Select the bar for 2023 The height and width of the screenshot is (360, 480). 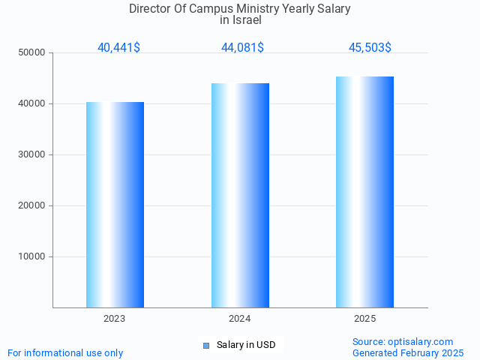coord(115,205)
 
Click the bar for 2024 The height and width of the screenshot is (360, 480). coord(240,195)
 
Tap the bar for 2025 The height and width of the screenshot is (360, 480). coord(365,192)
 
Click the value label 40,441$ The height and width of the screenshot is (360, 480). coord(118,47)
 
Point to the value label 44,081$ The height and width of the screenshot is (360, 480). coord(242,47)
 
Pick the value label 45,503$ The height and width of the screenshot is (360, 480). coord(370,47)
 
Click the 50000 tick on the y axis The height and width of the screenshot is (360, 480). coord(32,52)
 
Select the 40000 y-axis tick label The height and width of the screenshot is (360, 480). coord(32,103)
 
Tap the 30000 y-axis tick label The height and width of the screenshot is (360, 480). coord(32,154)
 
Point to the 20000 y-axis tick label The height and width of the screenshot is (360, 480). coord(32,205)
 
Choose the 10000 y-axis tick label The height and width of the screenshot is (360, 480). coord(32,256)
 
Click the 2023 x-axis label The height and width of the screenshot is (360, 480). coord(115,319)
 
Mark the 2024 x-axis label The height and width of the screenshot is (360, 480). coord(240,319)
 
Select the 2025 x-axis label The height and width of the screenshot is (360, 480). coord(365,319)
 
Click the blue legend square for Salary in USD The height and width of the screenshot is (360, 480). coord(206,346)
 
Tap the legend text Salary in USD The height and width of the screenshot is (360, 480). coord(246,345)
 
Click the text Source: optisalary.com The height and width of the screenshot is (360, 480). coord(403,341)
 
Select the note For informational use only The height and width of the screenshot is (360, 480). coord(65,352)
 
